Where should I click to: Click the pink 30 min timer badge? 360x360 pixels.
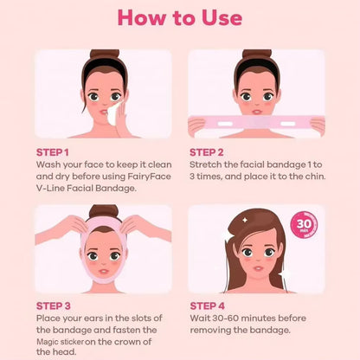(x=305, y=224)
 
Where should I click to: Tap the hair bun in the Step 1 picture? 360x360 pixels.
(x=103, y=55)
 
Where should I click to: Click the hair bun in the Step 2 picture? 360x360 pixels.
(x=257, y=55)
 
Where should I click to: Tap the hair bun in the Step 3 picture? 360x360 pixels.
(x=103, y=210)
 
